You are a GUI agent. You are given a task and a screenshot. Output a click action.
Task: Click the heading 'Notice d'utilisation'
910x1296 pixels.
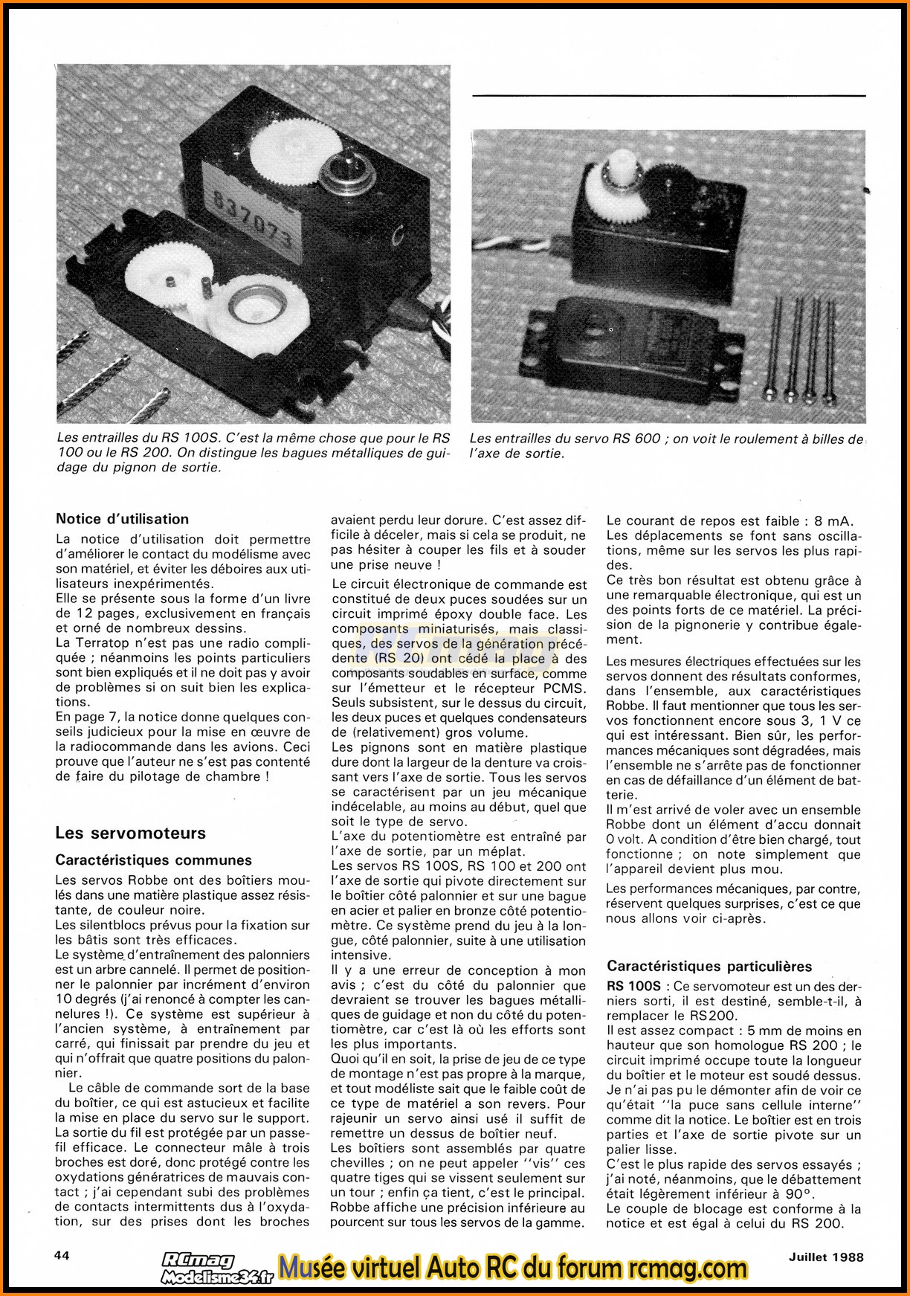(x=122, y=519)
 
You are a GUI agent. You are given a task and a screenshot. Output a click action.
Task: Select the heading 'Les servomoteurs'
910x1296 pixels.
(x=130, y=833)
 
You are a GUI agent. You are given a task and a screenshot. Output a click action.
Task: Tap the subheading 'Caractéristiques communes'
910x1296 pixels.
(x=153, y=860)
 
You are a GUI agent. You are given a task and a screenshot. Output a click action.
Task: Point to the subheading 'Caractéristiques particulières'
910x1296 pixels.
(x=709, y=967)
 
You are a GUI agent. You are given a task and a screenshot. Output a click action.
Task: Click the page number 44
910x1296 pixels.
(x=62, y=1255)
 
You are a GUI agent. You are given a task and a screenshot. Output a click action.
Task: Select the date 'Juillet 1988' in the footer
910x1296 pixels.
(x=826, y=1257)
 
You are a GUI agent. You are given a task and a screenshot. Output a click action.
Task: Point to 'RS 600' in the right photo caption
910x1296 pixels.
(x=636, y=439)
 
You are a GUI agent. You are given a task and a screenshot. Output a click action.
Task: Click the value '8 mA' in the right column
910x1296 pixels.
(x=833, y=520)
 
